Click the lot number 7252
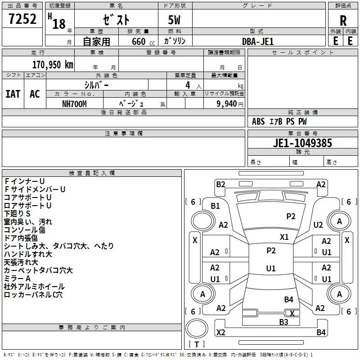coord(23,20)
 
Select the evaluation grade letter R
coord(343,20)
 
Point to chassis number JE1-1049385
coord(302,143)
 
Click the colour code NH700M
coord(75,104)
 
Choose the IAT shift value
coord(13,94)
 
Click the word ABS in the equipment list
coord(258,121)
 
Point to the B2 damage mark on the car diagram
coord(220,184)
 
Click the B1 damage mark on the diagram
coord(216,206)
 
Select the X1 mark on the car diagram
coord(284,237)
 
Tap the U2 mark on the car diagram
coord(318,225)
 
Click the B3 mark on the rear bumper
coord(283,322)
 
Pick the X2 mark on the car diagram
coord(220,332)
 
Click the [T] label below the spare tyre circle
coord(197,345)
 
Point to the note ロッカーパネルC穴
coord(33,295)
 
